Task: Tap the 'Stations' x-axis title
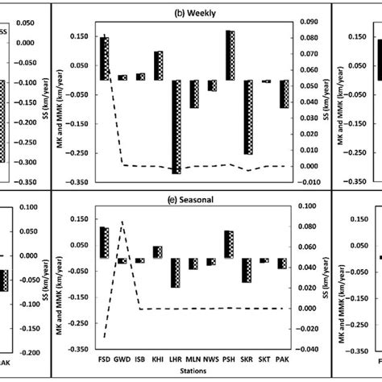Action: pos(196,370)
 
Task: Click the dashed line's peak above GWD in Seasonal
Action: pos(122,221)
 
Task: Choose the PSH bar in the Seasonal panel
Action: pos(230,244)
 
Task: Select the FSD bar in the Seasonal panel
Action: pos(105,242)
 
